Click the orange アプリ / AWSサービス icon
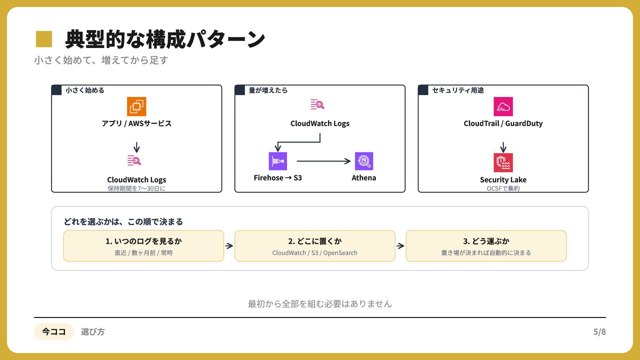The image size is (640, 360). click(137, 106)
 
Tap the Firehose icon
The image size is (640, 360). click(278, 161)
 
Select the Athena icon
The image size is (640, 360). click(364, 161)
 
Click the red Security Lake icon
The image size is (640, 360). click(503, 163)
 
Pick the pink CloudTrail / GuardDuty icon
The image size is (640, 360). click(503, 106)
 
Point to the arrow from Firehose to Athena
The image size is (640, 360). click(324, 161)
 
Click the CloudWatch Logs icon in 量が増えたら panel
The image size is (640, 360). click(318, 104)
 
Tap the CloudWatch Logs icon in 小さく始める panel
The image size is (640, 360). click(134, 160)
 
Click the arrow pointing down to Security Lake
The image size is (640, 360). click(503, 147)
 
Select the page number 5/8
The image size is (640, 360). click(599, 332)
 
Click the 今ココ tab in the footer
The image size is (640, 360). click(54, 332)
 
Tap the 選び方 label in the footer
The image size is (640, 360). click(93, 332)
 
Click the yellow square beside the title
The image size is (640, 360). click(44, 39)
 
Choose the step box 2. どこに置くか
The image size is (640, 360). click(315, 246)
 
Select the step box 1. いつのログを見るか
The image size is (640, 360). click(144, 246)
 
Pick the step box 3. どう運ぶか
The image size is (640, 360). click(486, 246)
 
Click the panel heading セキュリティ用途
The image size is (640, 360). click(458, 90)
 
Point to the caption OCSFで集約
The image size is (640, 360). click(503, 188)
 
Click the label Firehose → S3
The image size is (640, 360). click(278, 178)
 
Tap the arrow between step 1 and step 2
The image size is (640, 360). click(229, 246)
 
